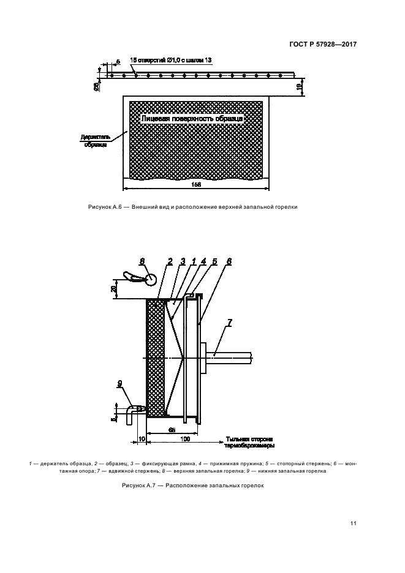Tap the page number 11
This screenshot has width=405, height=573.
click(x=354, y=523)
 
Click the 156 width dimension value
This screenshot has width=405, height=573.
click(x=196, y=184)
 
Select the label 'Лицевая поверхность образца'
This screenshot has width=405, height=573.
click(x=192, y=118)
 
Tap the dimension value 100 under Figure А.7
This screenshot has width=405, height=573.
click(x=184, y=439)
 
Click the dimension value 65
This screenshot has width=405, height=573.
click(x=172, y=430)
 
